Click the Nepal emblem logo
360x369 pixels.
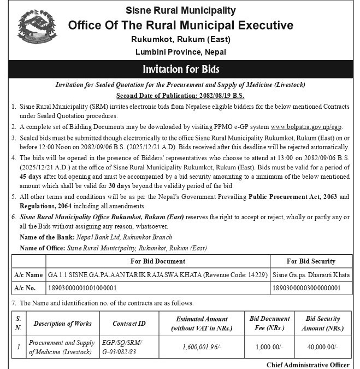click(36, 31)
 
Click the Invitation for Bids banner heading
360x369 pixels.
click(180, 70)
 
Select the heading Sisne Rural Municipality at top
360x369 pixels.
click(180, 10)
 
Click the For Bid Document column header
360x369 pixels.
click(157, 261)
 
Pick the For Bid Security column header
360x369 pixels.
click(311, 261)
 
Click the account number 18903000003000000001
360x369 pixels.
click(306, 288)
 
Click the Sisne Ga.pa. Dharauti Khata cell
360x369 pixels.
click(311, 274)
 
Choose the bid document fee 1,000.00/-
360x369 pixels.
click(270, 347)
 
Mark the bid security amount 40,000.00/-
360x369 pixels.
click(323, 347)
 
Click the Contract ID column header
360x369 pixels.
click(129, 323)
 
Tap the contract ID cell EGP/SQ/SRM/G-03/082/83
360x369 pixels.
click(122, 347)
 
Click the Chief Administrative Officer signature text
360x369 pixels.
click(309, 365)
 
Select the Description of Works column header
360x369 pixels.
click(62, 323)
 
